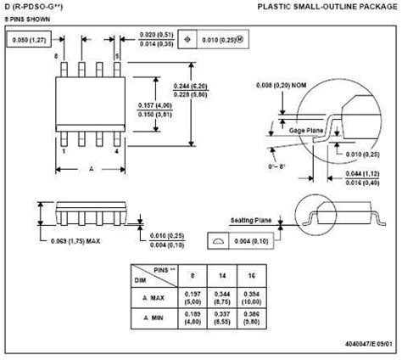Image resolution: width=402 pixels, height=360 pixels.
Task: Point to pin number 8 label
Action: [x=58, y=56]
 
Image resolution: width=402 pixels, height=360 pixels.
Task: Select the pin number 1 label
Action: [x=65, y=151]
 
